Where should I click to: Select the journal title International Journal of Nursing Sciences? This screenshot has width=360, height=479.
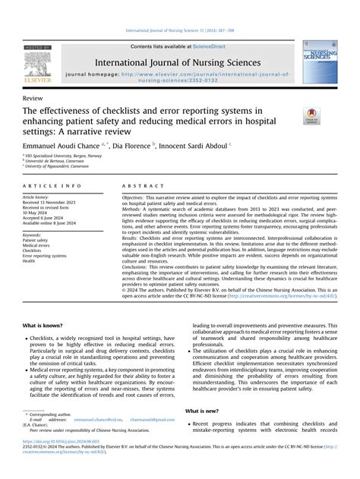(178, 62)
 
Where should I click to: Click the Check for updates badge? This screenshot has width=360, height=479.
(312, 116)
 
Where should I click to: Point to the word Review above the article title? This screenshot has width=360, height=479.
(33, 99)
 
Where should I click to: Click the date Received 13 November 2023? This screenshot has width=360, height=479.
(56, 203)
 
